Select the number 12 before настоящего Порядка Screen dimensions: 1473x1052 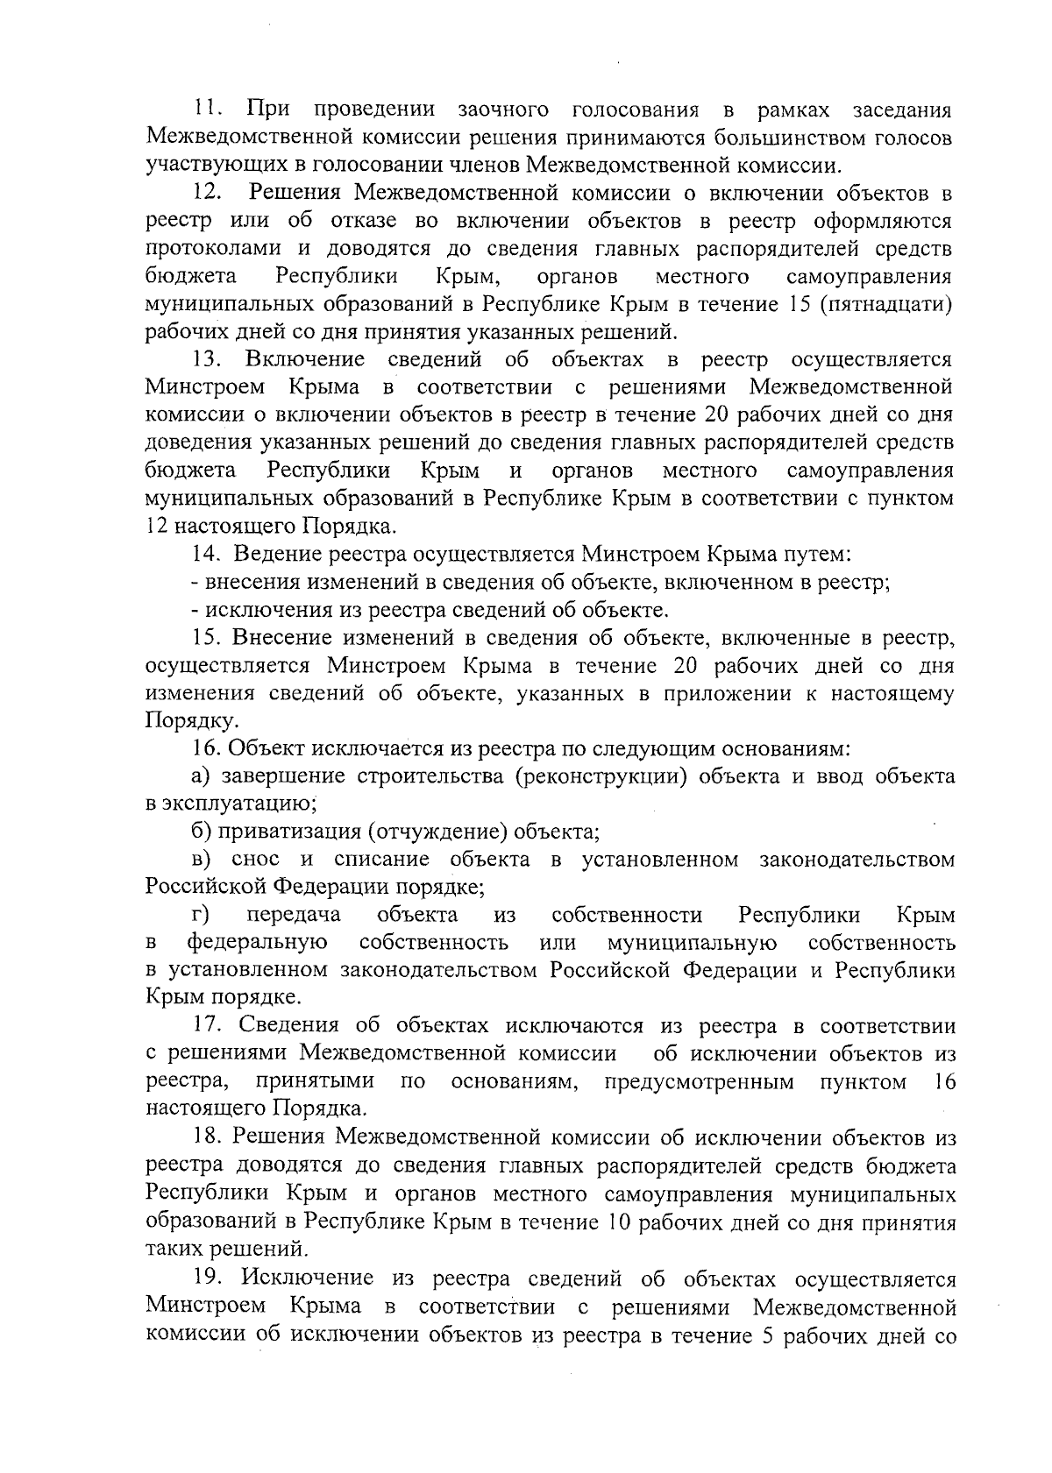(156, 527)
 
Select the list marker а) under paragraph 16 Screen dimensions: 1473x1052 (202, 776)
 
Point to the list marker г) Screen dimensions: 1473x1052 (202, 916)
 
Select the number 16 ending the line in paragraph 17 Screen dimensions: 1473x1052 (945, 1082)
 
